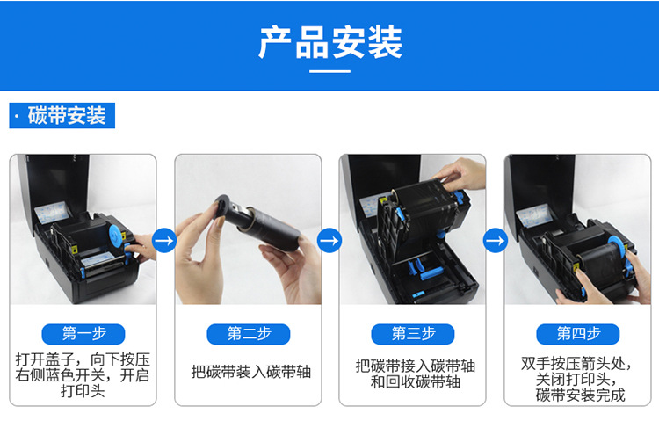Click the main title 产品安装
click(x=329, y=41)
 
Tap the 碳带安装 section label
click(x=62, y=116)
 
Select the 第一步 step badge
click(x=83, y=334)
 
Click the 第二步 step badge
click(x=249, y=334)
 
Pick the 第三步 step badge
click(x=413, y=334)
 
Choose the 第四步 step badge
click(x=578, y=334)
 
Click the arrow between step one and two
click(x=164, y=241)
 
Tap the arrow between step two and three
click(x=329, y=241)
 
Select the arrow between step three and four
click(x=496, y=241)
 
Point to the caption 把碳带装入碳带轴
click(x=251, y=372)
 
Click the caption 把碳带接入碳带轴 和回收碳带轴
click(x=416, y=374)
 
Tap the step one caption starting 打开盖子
click(x=83, y=375)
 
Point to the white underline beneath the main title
click(x=329, y=71)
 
